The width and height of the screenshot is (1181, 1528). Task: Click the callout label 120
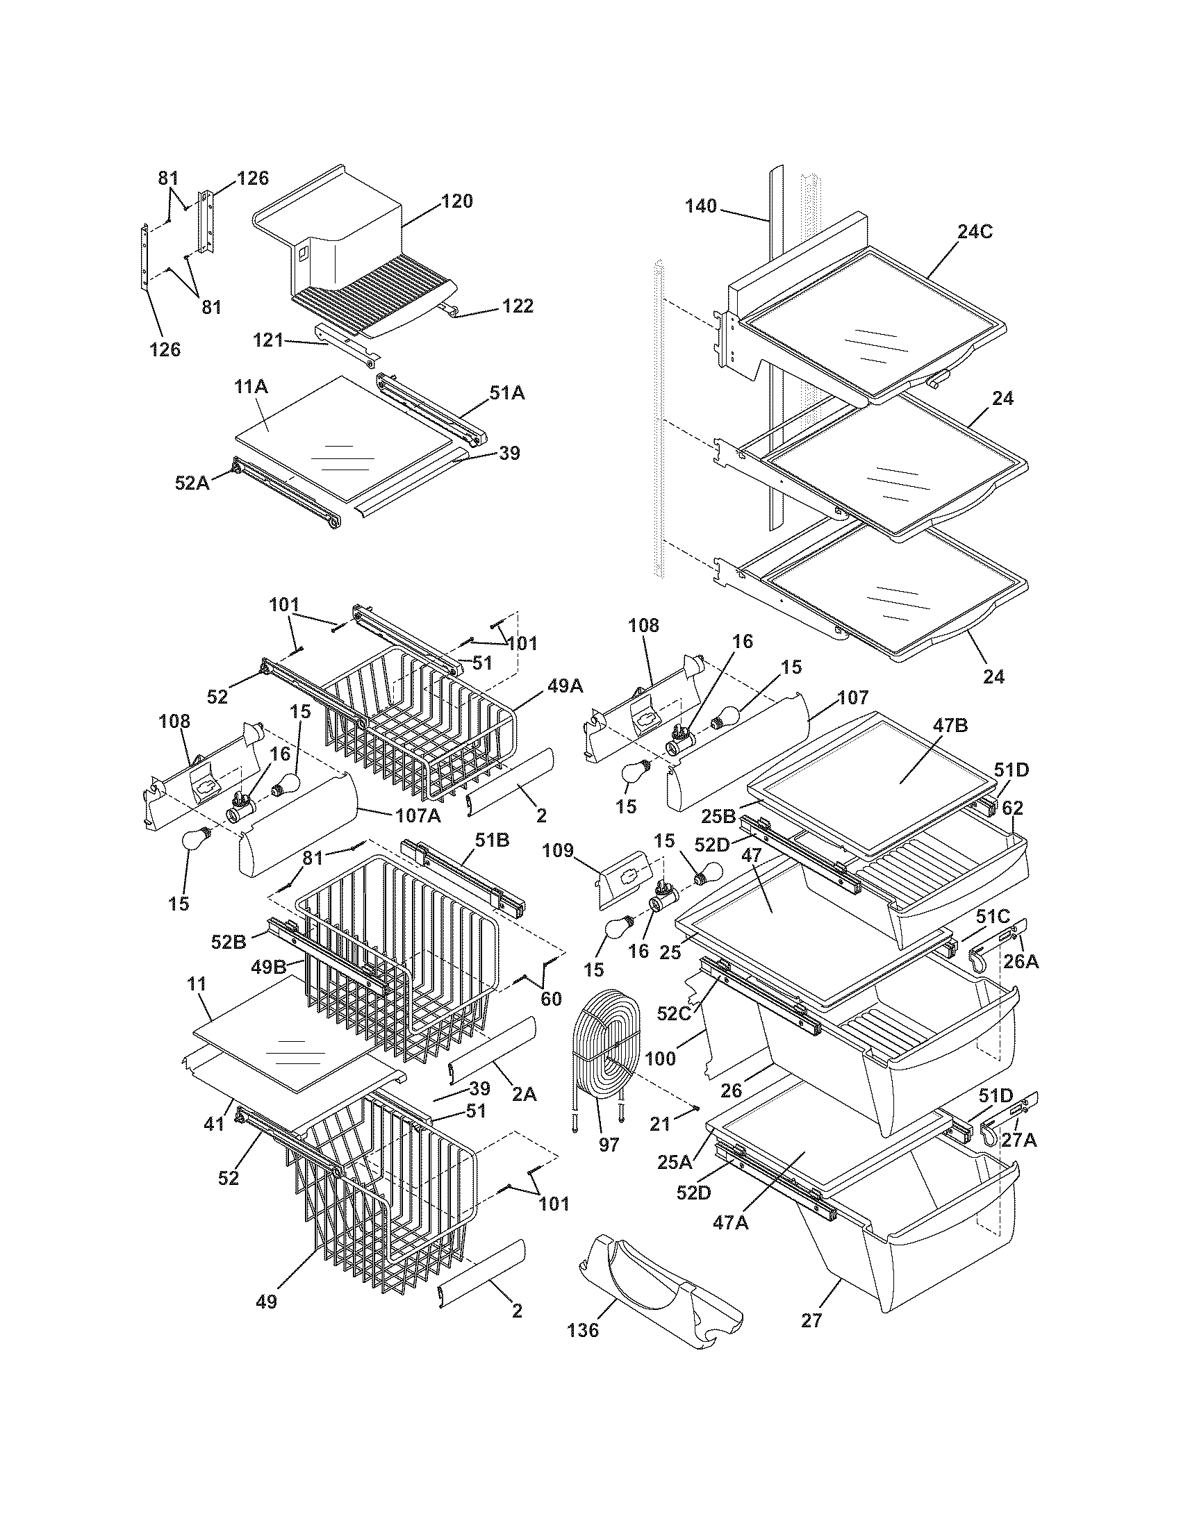click(x=457, y=201)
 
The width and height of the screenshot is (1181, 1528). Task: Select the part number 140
click(x=700, y=206)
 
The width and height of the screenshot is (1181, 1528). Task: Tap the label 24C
click(x=975, y=232)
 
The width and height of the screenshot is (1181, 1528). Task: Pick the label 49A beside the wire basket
click(x=565, y=686)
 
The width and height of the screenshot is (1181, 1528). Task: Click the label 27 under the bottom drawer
click(x=811, y=1320)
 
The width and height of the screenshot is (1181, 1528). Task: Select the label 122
click(x=518, y=306)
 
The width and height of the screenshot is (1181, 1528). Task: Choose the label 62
click(x=1012, y=808)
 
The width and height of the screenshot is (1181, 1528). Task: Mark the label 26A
click(x=1021, y=962)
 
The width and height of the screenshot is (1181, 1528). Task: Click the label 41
click(x=214, y=1124)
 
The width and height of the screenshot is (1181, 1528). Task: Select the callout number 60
click(x=552, y=999)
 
